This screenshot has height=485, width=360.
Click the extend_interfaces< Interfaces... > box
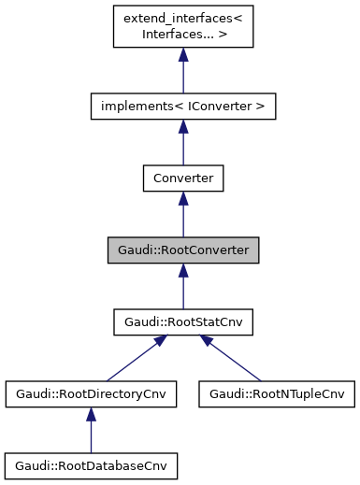coord(182,27)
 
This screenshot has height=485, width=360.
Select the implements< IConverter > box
coord(182,107)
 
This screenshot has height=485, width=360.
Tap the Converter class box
coord(182,178)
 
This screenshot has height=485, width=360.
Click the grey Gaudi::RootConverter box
coord(182,250)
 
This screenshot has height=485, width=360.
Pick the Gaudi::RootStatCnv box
coord(182,322)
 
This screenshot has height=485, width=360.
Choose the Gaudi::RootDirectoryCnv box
coord(91,394)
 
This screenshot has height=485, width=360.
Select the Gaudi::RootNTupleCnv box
coord(276,394)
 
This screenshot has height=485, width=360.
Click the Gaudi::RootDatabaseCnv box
coord(91,464)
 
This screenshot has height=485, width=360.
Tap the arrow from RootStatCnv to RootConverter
coord(182,289)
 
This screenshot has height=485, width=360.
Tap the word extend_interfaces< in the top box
coord(182,20)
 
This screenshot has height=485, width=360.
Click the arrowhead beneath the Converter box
coord(182,199)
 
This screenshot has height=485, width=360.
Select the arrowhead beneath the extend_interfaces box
coord(182,56)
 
